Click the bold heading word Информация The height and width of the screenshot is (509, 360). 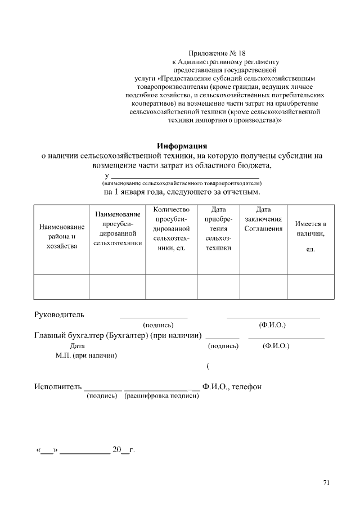coord(182,145)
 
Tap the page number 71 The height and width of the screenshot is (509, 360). coord(326,482)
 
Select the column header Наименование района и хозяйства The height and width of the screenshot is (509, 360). coord(62,236)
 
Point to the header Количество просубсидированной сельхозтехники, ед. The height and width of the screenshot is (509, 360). coord(171,228)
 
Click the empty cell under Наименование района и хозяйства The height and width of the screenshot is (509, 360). coord(62,287)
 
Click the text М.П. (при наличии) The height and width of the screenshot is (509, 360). coord(86,355)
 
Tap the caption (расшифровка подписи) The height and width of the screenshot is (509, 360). coord(162,397)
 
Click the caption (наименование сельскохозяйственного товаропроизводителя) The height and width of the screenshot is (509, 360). coord(182,183)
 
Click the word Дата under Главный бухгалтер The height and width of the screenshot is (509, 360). coord(78,346)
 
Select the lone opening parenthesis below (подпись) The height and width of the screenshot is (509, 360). coord(208,367)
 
